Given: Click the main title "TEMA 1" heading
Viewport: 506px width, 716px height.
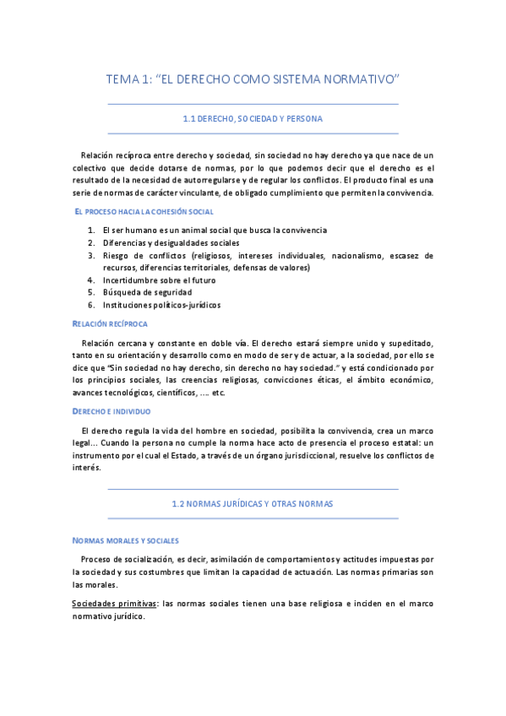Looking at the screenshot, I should pos(253,79).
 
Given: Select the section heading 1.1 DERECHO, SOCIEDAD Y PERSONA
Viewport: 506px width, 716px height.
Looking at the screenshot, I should pos(253,119).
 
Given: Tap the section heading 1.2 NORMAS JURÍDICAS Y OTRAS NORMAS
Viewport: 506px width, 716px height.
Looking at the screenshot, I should pos(253,503).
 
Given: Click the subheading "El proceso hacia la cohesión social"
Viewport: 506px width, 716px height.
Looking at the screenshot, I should pos(144,211).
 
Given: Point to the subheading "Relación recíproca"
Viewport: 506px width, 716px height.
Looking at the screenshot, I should pos(110,323).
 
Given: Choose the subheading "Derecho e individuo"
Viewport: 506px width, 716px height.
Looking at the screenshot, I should pos(112,411).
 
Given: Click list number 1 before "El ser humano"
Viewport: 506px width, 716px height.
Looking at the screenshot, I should pos(90,230).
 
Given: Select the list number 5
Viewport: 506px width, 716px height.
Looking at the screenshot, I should pos(90,292).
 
